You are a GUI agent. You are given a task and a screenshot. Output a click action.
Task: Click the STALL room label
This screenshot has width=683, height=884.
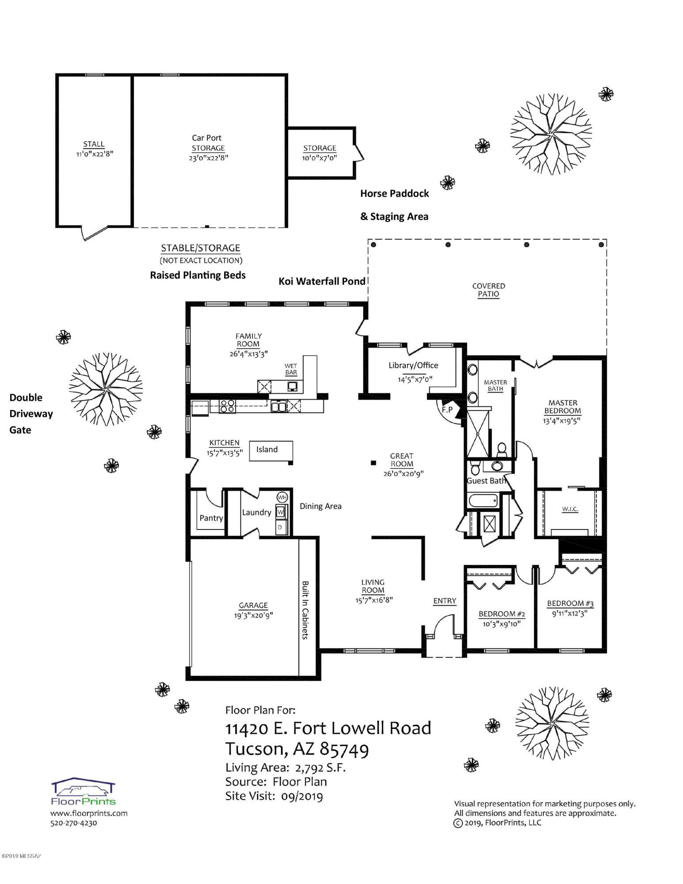pos(94,144)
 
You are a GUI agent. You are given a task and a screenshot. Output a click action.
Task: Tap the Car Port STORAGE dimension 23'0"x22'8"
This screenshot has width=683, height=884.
pos(208,158)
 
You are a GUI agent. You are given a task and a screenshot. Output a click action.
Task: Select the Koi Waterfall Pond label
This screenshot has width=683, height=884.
pos(322,281)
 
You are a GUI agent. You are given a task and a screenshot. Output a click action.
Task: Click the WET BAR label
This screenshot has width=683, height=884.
pos(291,369)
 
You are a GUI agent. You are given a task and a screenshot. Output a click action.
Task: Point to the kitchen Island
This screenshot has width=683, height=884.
pos(271,451)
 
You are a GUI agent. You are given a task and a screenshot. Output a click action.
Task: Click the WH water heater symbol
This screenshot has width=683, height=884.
pos(282,497)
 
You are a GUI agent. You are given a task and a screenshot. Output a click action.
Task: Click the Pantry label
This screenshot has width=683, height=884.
pos(211,518)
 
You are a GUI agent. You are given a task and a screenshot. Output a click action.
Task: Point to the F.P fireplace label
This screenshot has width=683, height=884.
pos(447,410)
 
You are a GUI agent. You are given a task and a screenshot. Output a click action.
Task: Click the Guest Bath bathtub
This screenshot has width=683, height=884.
pos(483,501)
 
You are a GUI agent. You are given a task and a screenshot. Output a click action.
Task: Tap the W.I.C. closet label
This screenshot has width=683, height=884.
pos(570,509)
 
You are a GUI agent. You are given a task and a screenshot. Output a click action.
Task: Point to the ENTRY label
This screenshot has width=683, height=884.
pos(444,601)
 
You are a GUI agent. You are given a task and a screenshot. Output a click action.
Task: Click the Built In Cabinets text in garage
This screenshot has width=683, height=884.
pos(305,610)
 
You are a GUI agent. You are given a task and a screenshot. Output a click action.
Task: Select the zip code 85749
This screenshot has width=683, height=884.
pos(344,749)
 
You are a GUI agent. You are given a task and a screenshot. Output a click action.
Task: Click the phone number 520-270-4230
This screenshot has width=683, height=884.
pos(73,823)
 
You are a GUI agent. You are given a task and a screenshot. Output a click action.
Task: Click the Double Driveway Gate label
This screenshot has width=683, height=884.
pos(31,414)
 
